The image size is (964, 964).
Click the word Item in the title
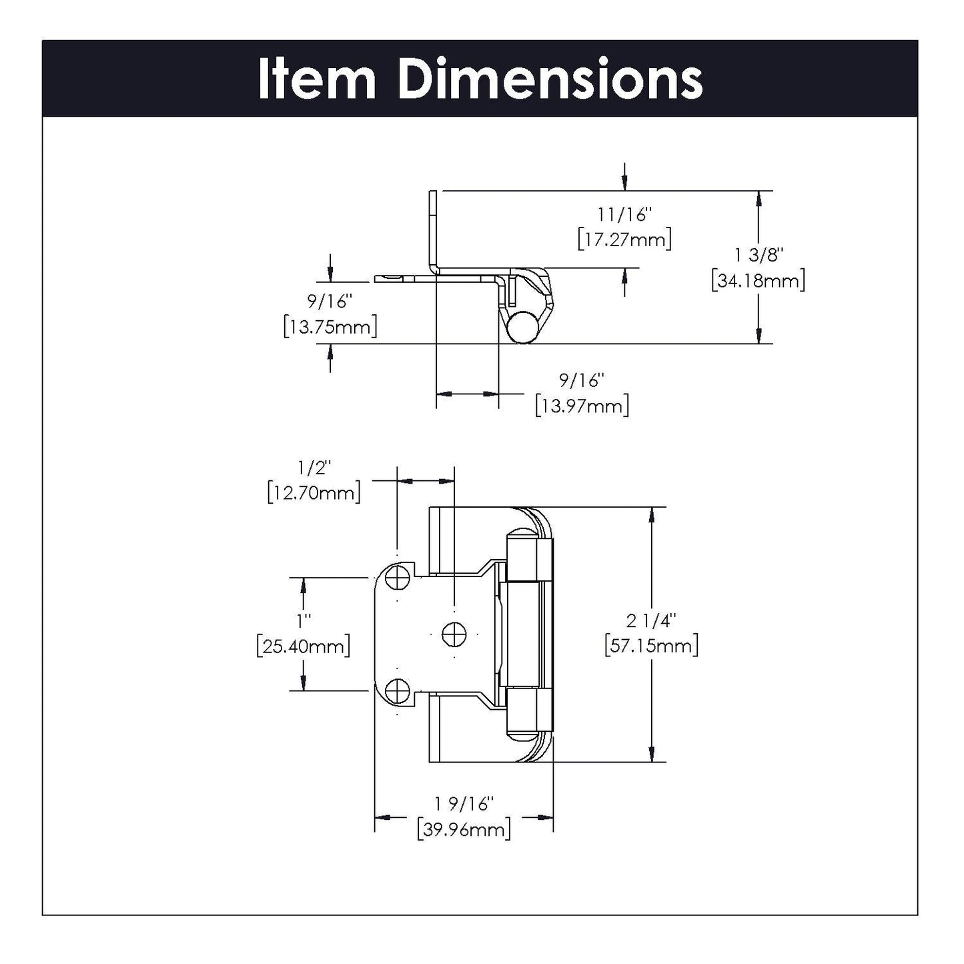317,79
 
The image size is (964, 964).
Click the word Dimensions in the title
550,79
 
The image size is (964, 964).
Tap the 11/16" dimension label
624,214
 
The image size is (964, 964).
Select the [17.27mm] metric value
624,239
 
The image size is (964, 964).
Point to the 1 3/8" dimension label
759,255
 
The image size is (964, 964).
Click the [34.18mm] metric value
759,280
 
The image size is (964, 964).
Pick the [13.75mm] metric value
330,327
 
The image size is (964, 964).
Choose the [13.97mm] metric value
582,405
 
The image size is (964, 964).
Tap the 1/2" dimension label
314,468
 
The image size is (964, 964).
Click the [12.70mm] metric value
314,493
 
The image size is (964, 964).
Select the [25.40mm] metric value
304,646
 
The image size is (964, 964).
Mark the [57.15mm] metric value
651,646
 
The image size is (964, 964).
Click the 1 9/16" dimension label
464,804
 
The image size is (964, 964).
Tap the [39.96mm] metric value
464,829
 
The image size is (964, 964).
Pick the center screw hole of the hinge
454,632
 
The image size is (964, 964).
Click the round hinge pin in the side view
520,326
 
